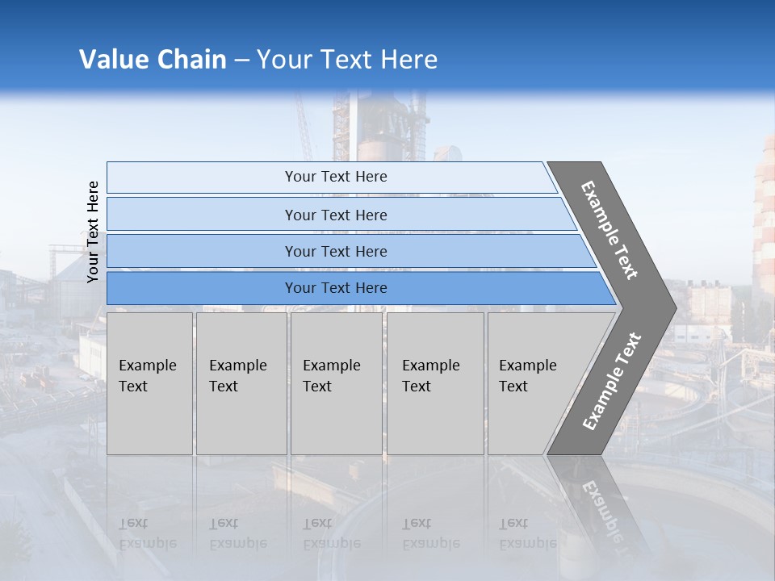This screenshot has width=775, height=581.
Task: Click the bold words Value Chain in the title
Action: (153, 59)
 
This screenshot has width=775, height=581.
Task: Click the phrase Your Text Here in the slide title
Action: (347, 59)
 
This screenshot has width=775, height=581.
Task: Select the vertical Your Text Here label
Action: (94, 232)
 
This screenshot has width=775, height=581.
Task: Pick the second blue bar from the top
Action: (336, 215)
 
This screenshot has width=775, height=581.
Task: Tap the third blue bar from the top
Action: (336, 251)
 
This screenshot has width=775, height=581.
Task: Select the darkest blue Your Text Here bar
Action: (336, 288)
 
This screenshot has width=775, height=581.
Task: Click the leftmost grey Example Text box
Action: (149, 383)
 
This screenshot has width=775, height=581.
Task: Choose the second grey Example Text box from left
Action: (241, 383)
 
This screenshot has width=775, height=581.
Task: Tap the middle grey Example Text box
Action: (336, 383)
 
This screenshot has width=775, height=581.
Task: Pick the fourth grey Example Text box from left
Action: (434, 383)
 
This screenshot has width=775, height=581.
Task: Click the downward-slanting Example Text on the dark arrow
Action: (610, 230)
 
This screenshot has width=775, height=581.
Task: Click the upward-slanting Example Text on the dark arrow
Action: (612, 381)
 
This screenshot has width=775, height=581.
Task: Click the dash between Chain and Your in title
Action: (241, 60)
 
